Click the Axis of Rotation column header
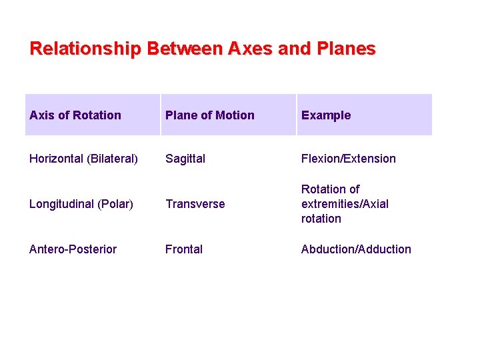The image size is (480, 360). (x=75, y=115)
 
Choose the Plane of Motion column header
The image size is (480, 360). (x=210, y=115)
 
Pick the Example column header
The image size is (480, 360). (x=326, y=115)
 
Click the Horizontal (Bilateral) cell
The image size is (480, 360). (x=84, y=159)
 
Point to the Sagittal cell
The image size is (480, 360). (x=185, y=159)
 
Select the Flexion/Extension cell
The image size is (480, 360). (x=349, y=159)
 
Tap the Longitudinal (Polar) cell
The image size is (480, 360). (x=81, y=204)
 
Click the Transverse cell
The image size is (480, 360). (x=195, y=204)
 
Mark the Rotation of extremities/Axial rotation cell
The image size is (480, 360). (x=345, y=204)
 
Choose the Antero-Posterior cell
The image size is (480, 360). (x=73, y=249)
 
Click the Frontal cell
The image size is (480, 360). (x=184, y=249)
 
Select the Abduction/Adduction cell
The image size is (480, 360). (x=356, y=249)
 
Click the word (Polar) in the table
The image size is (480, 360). (x=117, y=204)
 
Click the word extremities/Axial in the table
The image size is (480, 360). (x=345, y=204)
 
